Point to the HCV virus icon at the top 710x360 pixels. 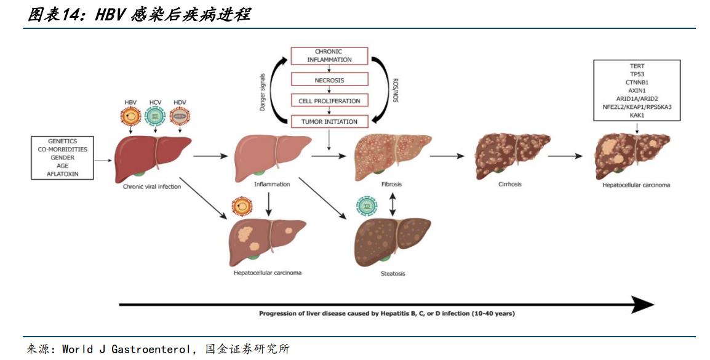(155, 116)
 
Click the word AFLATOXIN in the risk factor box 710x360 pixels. (63, 174)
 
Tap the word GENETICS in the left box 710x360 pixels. (63, 141)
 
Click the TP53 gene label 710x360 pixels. (637, 73)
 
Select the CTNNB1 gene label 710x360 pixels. (637, 81)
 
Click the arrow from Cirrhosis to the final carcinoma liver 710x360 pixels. (565, 156)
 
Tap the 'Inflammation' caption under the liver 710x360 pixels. (271, 184)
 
